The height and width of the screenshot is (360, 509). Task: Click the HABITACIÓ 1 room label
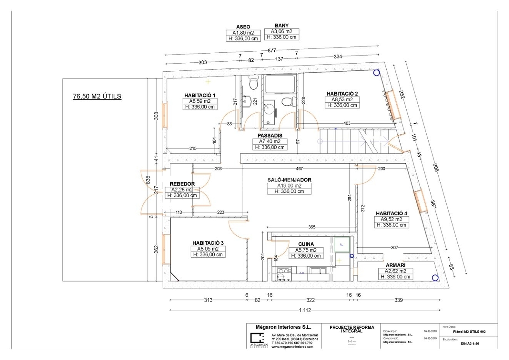[200, 95]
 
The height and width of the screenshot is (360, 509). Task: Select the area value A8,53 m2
[341, 100]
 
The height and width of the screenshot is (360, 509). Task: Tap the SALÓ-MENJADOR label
[289, 180]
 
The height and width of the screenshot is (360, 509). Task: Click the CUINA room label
[306, 244]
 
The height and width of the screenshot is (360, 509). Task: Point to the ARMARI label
[395, 265]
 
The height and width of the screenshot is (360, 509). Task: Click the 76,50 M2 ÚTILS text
[97, 96]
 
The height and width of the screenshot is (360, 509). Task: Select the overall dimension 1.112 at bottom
[305, 310]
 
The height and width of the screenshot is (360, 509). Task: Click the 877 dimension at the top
[272, 50]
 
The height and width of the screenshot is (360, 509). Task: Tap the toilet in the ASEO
[253, 83]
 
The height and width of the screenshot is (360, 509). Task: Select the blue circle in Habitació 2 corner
[376, 73]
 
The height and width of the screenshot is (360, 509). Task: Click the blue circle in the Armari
[434, 278]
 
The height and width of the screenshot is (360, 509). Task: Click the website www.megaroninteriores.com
[292, 347]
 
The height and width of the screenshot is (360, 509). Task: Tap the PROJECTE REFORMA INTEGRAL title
[352, 329]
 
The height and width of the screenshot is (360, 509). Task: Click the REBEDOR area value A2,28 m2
[182, 190]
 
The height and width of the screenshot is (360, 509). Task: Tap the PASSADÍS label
[270, 136]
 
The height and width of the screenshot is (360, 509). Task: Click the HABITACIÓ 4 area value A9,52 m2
[391, 219]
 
